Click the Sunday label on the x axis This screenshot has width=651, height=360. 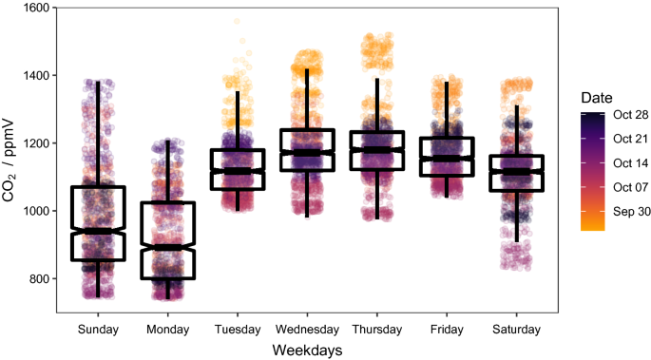tap(97, 329)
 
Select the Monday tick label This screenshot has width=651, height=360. tap(167, 329)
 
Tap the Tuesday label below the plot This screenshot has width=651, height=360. tap(237, 329)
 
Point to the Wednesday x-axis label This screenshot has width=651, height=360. tap(307, 329)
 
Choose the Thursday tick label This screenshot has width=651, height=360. tap(376, 329)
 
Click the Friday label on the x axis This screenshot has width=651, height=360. tap(447, 329)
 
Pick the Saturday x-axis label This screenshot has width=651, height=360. tap(516, 329)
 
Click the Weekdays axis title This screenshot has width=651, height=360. tap(306, 350)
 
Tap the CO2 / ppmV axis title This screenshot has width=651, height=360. tap(10, 158)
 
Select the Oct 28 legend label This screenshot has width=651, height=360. tap(630, 115)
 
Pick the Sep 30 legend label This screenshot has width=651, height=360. tap(630, 211)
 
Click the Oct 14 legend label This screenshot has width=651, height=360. tap(630, 162)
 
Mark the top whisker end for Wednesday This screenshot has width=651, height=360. tap(307, 69)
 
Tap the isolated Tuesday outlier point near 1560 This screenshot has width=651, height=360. tap(237, 22)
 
